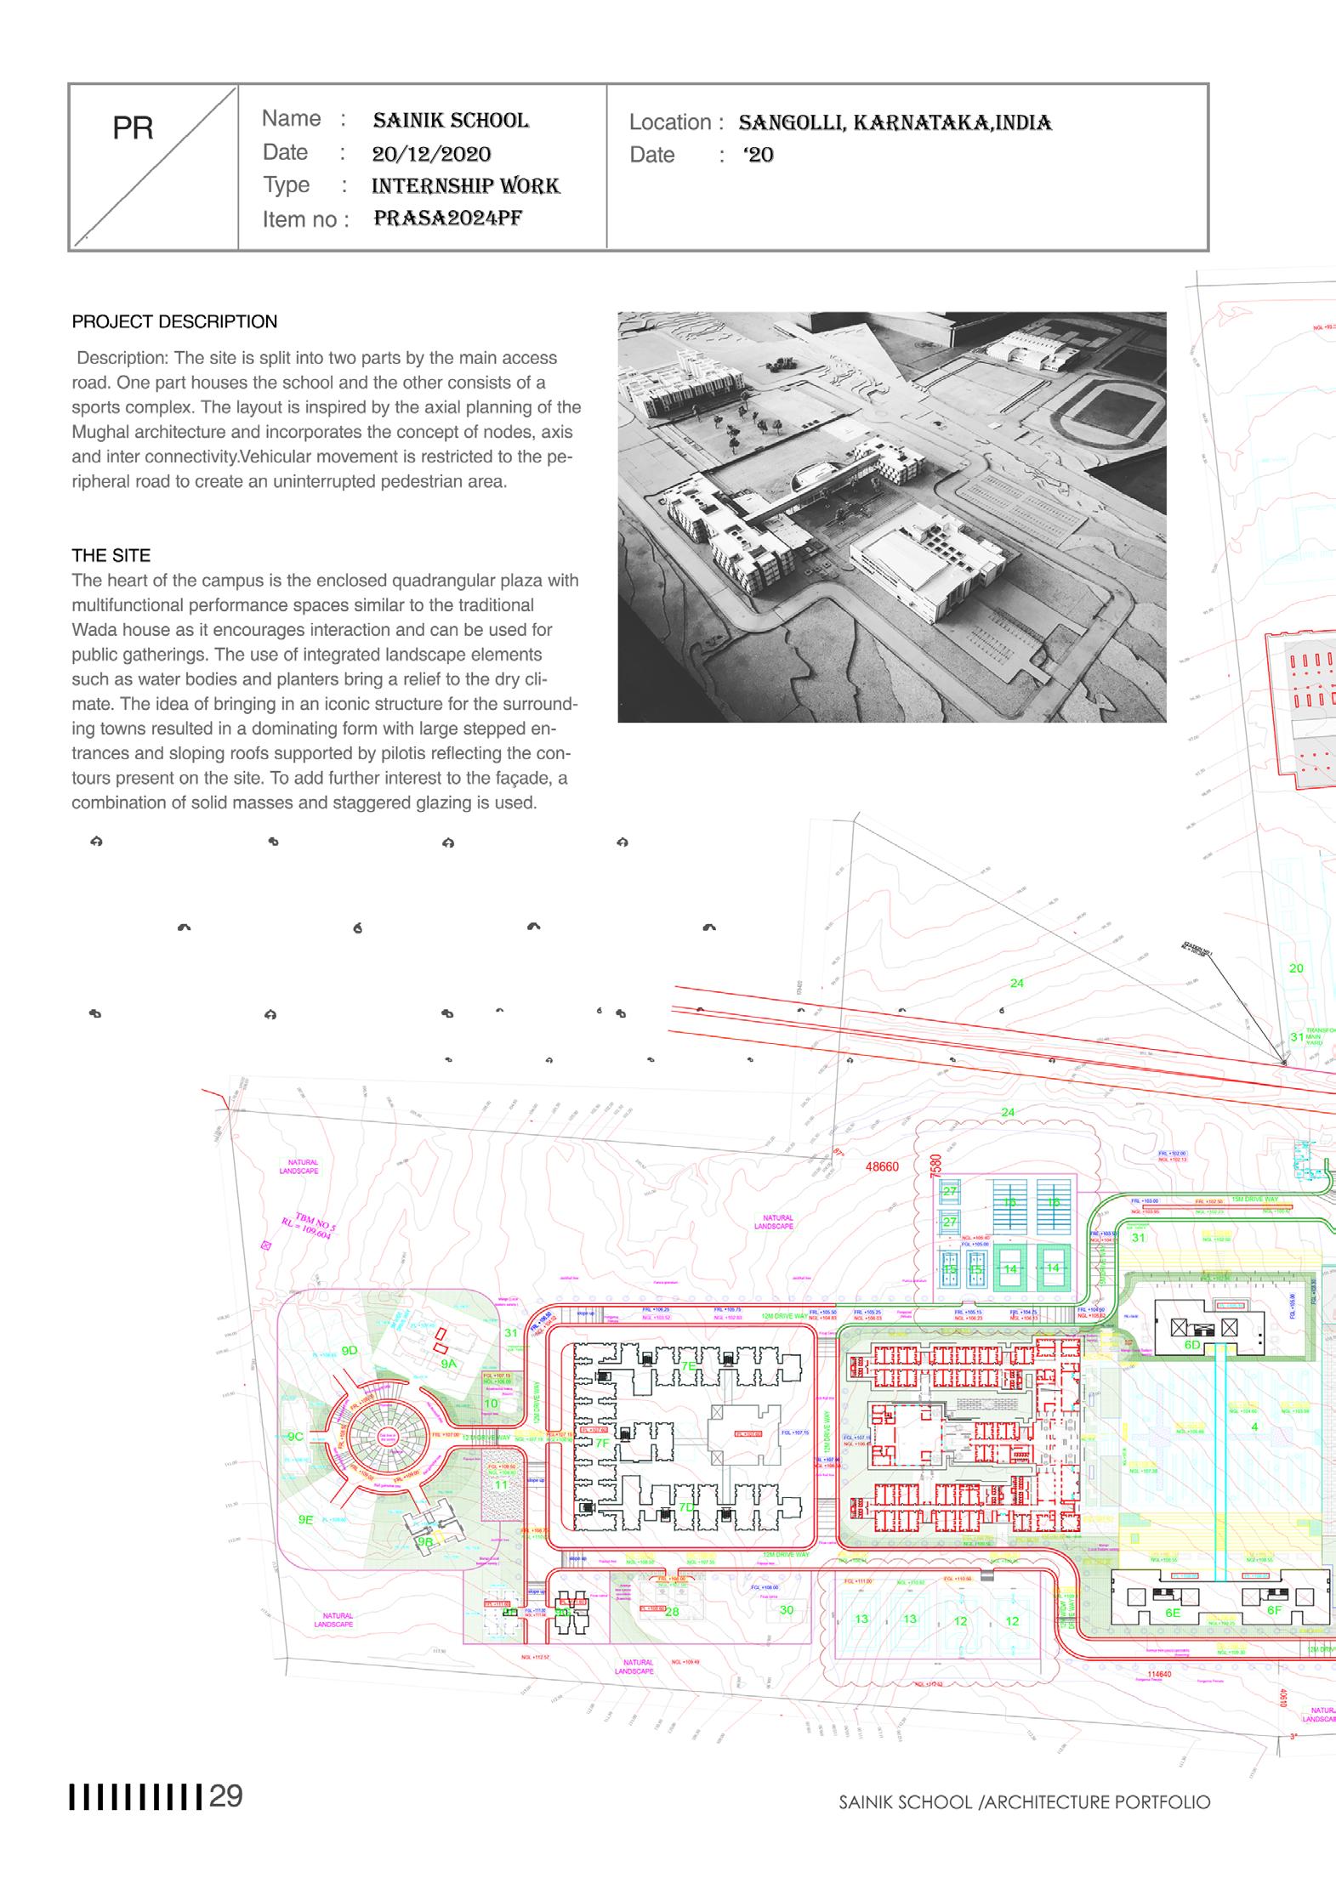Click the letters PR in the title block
tap(133, 128)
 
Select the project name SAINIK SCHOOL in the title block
tap(451, 121)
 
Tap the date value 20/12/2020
tap(431, 154)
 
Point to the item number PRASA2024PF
tap(447, 218)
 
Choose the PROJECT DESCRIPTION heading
tap(174, 322)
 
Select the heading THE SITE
tap(111, 556)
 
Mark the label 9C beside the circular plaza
tap(295, 1437)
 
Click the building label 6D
tap(1192, 1345)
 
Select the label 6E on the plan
tap(1173, 1612)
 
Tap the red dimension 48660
tap(882, 1167)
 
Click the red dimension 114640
tap(1159, 1674)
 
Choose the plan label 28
tap(672, 1611)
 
